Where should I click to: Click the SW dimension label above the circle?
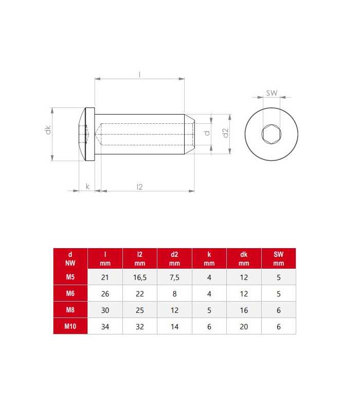point(272,93)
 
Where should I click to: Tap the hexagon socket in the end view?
point(272,134)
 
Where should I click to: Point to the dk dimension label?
point(48,130)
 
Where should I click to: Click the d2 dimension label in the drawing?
point(225,133)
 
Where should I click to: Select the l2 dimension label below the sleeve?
point(139,186)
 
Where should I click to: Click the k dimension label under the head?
point(87,186)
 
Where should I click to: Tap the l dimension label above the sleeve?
point(139,74)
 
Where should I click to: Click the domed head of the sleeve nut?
point(87,134)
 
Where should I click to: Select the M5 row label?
point(70,277)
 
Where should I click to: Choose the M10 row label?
point(70,326)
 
